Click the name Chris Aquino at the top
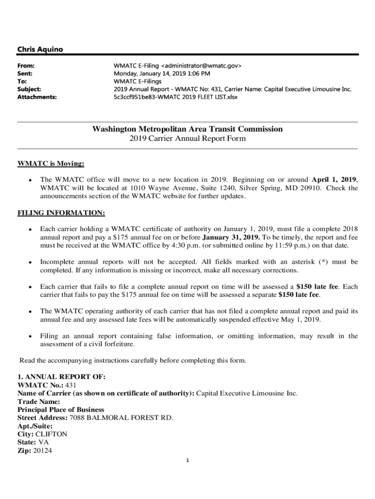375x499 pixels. [x=40, y=49]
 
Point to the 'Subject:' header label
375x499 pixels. [x=29, y=89]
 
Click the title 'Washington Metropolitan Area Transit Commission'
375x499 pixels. [x=187, y=129]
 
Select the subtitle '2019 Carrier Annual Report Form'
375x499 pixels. [x=187, y=139]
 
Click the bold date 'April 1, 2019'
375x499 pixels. [x=334, y=179]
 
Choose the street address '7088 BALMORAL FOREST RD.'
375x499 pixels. [x=121, y=418]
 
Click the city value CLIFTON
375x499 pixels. [x=52, y=434]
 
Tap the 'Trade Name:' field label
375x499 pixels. [x=39, y=402]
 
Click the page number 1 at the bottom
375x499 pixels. [x=187, y=461]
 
